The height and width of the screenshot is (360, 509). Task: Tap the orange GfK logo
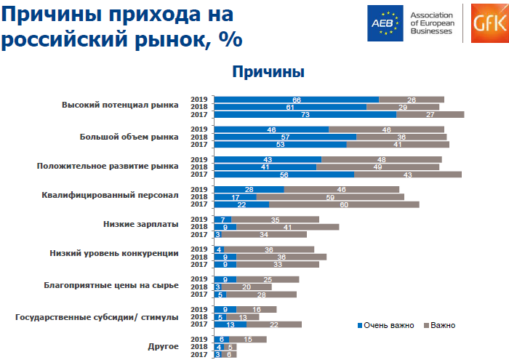pyautogui.click(x=487, y=23)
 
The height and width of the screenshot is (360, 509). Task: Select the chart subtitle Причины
pyautogui.click(x=268, y=72)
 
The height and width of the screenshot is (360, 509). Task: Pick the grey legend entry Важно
pyautogui.click(x=439, y=324)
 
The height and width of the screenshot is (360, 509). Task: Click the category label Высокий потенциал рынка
pyautogui.click(x=120, y=105)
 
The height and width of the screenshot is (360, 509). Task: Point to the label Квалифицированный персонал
pyautogui.click(x=111, y=195)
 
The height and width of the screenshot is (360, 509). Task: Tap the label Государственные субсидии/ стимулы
pyautogui.click(x=97, y=316)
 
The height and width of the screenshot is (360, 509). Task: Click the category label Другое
pyautogui.click(x=164, y=346)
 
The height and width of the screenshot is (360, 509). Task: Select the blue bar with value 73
pyautogui.click(x=305, y=114)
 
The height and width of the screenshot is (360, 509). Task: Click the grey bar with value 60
pyautogui.click(x=344, y=204)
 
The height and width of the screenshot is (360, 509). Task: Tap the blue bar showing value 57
pyautogui.click(x=286, y=137)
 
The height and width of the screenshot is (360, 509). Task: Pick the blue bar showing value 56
pyautogui.click(x=284, y=174)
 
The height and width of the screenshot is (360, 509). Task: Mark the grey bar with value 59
pyautogui.click(x=330, y=196)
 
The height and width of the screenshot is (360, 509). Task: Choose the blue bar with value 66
pyautogui.click(x=297, y=99)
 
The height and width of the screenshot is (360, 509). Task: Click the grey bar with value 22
pyautogui.click(x=273, y=324)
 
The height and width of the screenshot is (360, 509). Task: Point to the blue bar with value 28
pyautogui.click(x=249, y=189)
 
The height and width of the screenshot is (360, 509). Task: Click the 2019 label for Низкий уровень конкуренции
pyautogui.click(x=199, y=249)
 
